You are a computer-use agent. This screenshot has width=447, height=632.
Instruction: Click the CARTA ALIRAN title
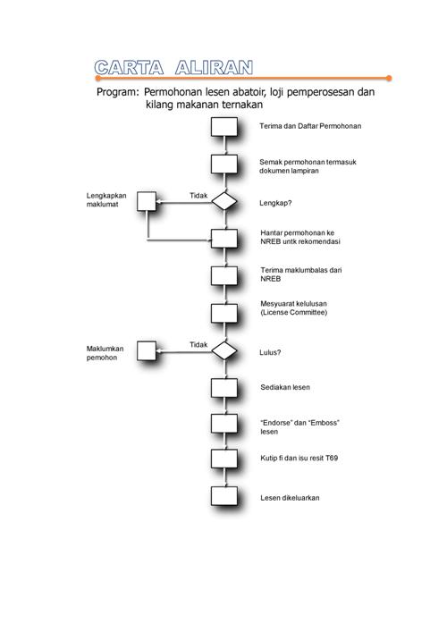click(173, 68)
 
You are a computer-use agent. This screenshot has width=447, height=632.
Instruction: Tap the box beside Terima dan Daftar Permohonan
click(224, 127)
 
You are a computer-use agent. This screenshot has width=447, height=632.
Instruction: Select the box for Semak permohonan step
click(224, 164)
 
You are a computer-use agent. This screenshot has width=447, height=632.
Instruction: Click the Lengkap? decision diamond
click(224, 201)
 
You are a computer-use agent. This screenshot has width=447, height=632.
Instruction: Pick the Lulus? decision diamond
click(224, 350)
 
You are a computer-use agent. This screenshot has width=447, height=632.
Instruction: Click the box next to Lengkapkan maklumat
click(147, 201)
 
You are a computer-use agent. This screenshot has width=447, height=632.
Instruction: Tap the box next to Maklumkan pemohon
click(147, 350)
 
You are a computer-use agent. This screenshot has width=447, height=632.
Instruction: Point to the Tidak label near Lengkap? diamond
click(198, 196)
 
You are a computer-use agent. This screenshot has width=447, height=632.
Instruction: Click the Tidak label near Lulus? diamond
click(198, 345)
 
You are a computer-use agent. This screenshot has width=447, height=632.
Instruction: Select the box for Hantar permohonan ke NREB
click(224, 238)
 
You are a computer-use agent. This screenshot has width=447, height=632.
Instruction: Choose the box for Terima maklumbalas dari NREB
click(224, 275)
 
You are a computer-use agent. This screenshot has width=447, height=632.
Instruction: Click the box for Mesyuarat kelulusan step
click(224, 313)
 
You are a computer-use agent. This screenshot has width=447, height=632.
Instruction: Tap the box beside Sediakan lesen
click(224, 388)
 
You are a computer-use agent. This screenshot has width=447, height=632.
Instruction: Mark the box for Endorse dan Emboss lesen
click(224, 423)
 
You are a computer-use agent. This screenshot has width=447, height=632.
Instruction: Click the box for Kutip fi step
click(224, 459)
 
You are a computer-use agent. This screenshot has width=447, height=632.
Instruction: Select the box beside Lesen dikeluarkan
click(224, 496)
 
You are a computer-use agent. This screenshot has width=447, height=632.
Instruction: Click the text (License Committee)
click(294, 312)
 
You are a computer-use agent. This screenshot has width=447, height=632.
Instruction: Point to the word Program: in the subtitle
click(117, 92)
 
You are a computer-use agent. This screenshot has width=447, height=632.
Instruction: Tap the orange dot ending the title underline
click(389, 78)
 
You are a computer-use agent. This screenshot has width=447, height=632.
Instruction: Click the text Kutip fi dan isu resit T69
click(299, 458)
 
